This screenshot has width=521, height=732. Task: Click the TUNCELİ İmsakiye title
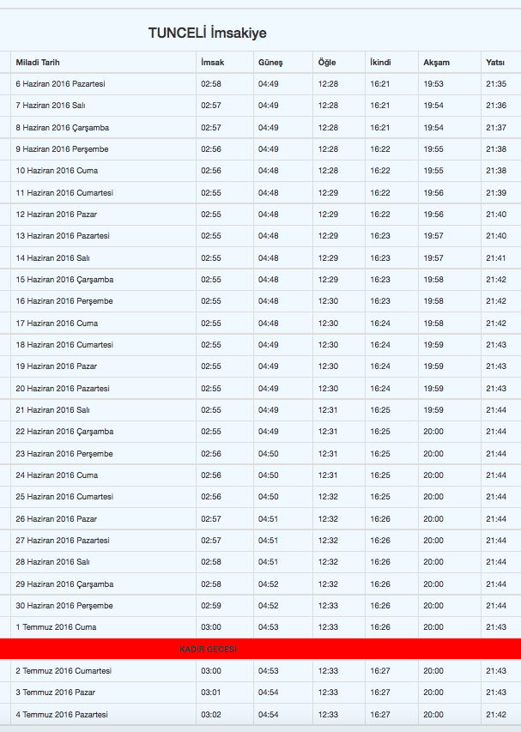click(207, 33)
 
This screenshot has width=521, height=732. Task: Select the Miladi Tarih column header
click(38, 63)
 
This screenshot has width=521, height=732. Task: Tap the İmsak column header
click(212, 63)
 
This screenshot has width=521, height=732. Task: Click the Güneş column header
click(270, 63)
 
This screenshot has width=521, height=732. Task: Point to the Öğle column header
click(327, 63)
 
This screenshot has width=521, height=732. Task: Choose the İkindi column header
click(380, 63)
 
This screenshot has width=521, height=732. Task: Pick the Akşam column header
click(436, 63)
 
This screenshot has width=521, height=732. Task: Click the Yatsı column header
click(495, 63)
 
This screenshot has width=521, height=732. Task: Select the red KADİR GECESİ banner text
click(208, 650)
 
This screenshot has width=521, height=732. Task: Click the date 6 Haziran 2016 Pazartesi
click(60, 84)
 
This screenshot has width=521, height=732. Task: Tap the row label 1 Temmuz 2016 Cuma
click(56, 627)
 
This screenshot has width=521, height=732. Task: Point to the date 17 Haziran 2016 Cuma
click(57, 324)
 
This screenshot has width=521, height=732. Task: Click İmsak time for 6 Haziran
click(211, 84)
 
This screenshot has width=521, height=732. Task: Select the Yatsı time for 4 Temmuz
click(495, 714)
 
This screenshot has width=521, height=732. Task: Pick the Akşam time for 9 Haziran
click(433, 149)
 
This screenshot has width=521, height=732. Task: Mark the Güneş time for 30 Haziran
click(269, 606)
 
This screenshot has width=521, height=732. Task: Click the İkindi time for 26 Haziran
click(380, 519)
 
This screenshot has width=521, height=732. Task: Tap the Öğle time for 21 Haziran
click(328, 410)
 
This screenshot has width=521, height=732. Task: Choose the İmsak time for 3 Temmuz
click(211, 693)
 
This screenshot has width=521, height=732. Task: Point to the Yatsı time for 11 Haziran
click(495, 193)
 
